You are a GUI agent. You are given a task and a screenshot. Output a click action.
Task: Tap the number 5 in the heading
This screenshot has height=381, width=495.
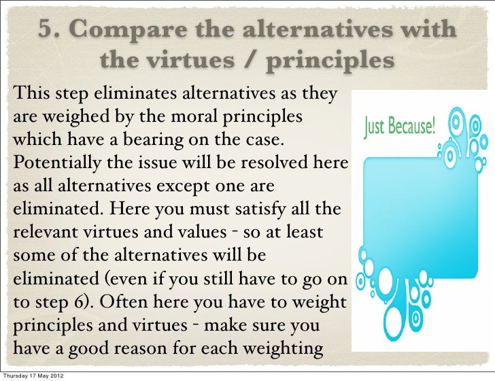[x=46, y=31]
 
